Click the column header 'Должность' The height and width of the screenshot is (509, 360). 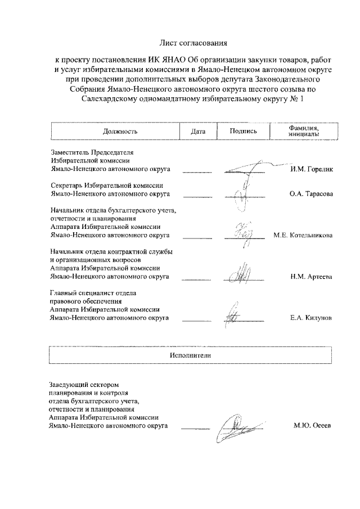(x=120, y=131)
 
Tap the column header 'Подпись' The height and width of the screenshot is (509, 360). (x=244, y=131)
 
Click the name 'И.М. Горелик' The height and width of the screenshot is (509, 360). (x=311, y=169)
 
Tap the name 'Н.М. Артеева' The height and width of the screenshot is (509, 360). (x=310, y=277)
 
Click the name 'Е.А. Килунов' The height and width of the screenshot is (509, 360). (x=310, y=318)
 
